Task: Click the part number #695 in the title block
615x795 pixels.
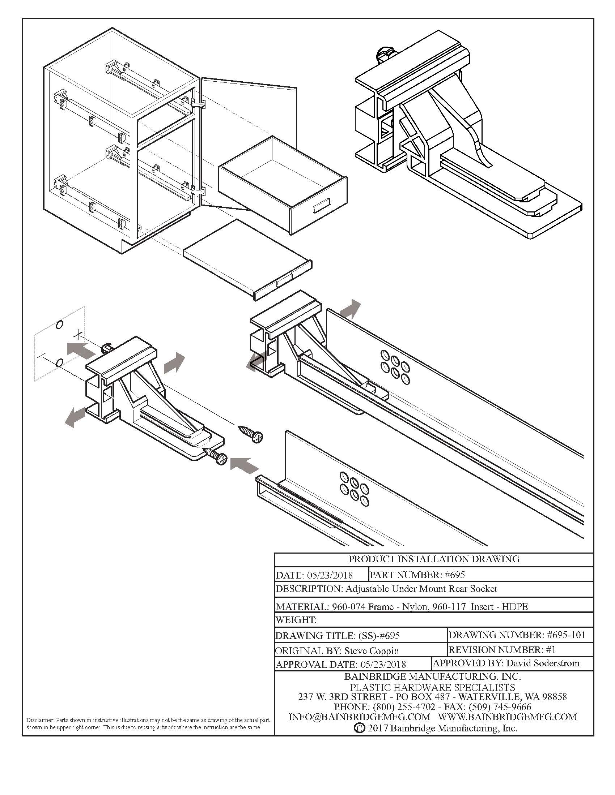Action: point(454,575)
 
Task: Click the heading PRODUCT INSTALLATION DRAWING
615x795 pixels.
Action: point(433,559)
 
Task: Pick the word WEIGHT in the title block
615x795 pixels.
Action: point(296,619)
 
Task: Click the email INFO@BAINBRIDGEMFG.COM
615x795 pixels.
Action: point(359,717)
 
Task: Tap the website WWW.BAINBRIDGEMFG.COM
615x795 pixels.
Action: point(507,717)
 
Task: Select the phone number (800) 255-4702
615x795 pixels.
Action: point(404,707)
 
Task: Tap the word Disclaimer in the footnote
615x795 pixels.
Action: point(40,720)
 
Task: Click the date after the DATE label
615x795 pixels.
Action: point(330,575)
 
